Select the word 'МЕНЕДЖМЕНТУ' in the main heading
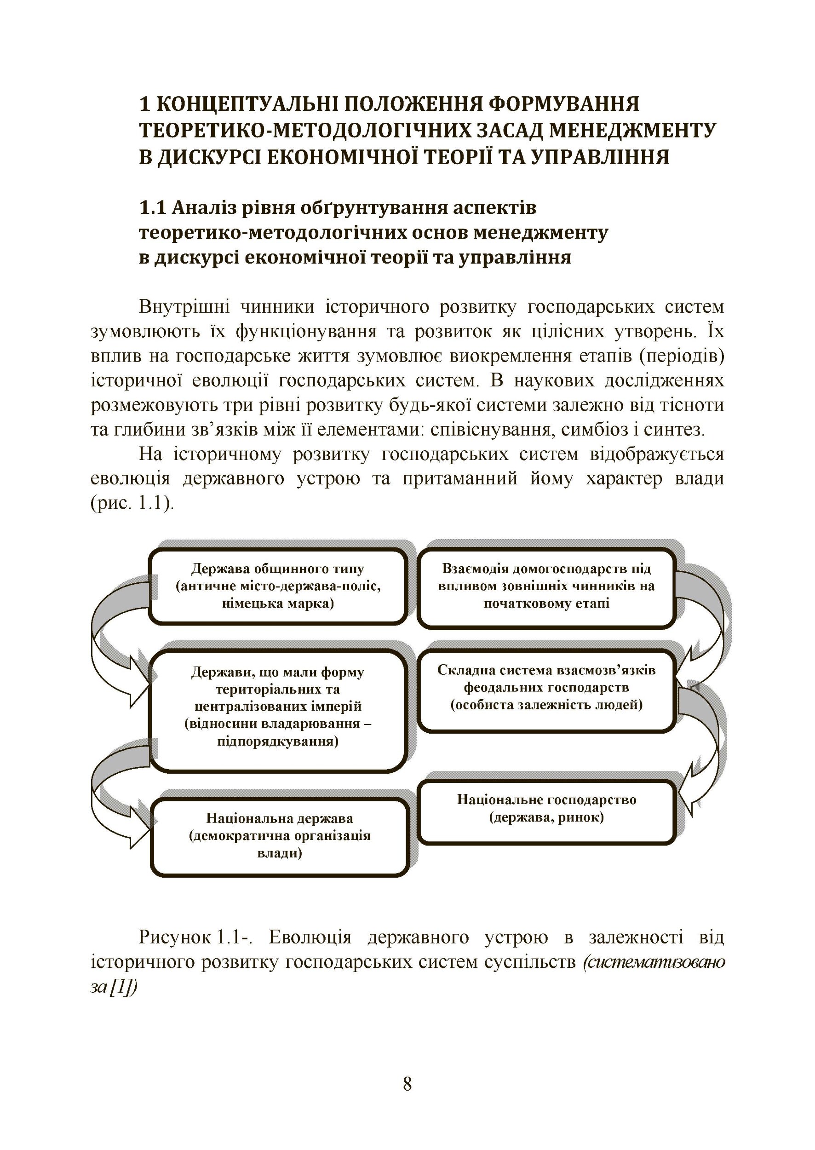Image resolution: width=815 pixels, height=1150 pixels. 632,130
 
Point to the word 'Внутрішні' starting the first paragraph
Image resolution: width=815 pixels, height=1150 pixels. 184,307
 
